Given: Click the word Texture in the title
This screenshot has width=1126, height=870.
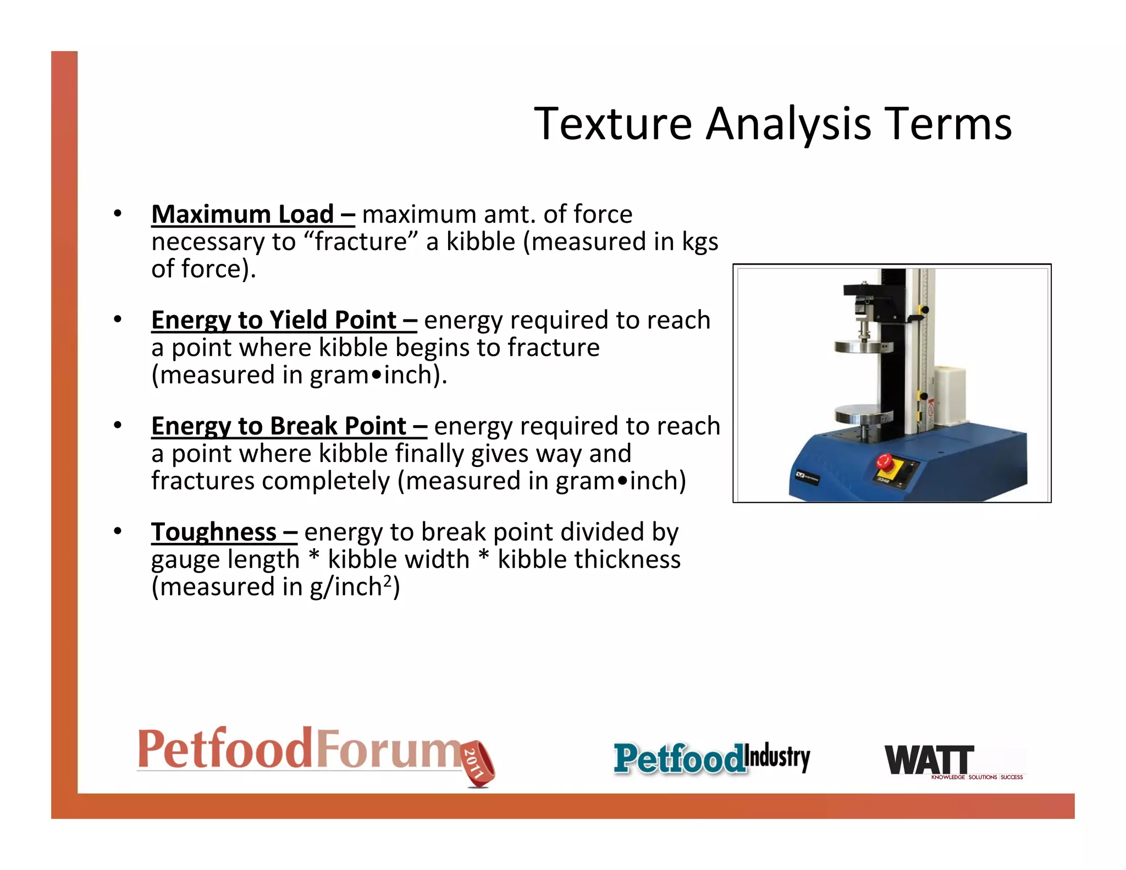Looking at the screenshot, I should coord(613,125).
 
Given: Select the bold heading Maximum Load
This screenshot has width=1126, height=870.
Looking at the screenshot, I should coord(243,214).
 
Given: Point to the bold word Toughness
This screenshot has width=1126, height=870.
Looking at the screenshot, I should coord(214,532).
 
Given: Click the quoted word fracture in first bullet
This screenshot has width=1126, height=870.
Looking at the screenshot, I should coord(361,242).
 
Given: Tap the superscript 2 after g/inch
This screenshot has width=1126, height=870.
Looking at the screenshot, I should coord(388,581).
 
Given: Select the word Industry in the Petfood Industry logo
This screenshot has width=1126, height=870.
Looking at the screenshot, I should coord(777,757).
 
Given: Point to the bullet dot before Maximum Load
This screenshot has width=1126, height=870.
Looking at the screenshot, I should coord(117,214).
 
